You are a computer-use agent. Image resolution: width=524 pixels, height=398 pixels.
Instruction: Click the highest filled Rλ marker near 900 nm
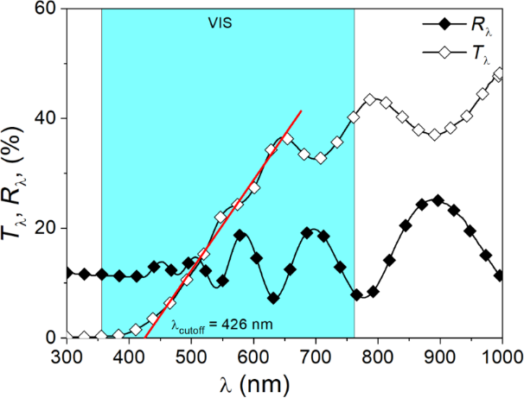(x=438, y=200)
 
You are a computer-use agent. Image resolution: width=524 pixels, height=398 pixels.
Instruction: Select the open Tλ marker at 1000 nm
(x=499, y=74)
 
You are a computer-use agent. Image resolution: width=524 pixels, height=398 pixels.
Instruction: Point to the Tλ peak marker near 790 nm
(x=371, y=100)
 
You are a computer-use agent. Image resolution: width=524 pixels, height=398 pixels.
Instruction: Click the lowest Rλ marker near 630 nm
(x=273, y=298)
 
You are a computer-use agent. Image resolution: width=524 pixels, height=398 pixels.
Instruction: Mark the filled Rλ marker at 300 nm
(x=67, y=273)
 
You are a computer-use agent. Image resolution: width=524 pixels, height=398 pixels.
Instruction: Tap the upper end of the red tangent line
(x=301, y=111)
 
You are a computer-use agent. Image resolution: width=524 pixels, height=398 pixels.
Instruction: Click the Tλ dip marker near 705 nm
(x=320, y=158)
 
